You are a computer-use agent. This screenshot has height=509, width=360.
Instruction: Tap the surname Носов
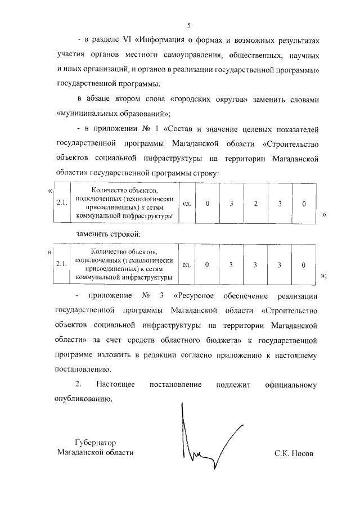[x=301, y=453]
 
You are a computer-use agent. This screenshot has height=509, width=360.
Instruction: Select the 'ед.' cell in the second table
[x=188, y=264]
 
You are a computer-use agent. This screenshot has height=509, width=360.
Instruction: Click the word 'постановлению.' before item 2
[x=84, y=370]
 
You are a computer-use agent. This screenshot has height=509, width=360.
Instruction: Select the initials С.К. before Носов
[x=282, y=453]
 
